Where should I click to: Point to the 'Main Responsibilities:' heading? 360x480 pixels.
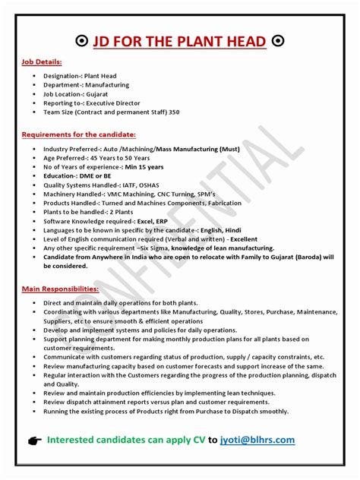click(61, 289)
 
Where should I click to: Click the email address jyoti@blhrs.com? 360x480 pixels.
click(257, 440)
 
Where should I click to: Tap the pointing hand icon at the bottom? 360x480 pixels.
click(31, 441)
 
